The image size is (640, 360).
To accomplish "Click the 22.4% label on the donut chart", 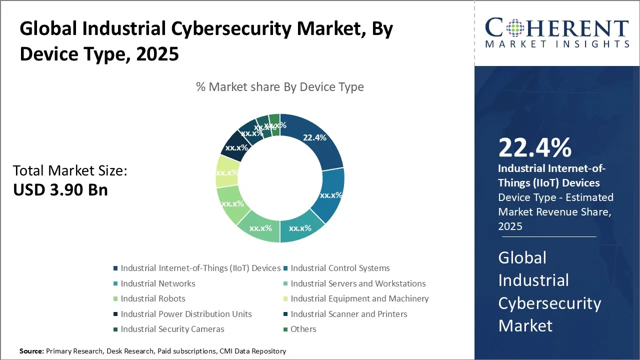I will pos(314,137).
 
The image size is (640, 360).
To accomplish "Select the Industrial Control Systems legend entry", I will pos(340,268).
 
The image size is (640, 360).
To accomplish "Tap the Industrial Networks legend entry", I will pos(157,284).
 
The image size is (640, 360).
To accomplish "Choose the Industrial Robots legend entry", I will pos(152,299).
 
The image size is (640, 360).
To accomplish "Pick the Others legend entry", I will pos(303,329).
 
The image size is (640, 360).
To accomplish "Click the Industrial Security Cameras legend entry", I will pos(172,329).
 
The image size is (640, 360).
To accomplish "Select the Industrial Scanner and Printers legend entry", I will pos(348,314).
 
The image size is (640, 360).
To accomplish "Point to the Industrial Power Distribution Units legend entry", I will pos(186,314).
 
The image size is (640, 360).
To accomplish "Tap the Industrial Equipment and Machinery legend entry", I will pos(359,299).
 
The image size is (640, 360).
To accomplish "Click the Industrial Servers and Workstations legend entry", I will pos(358,284).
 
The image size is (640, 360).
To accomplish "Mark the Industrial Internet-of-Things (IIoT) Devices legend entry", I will pos(200,268).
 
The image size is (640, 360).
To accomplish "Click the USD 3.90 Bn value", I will pos(60,190).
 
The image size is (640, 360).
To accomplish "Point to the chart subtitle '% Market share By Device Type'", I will pos(280,87).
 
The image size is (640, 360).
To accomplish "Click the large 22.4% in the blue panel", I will pos(534,148).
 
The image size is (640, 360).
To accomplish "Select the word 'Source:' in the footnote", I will pos(31,351).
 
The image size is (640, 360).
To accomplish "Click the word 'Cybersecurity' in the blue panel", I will pos(549,303).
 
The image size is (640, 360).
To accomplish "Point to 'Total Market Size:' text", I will pos(70,171).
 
